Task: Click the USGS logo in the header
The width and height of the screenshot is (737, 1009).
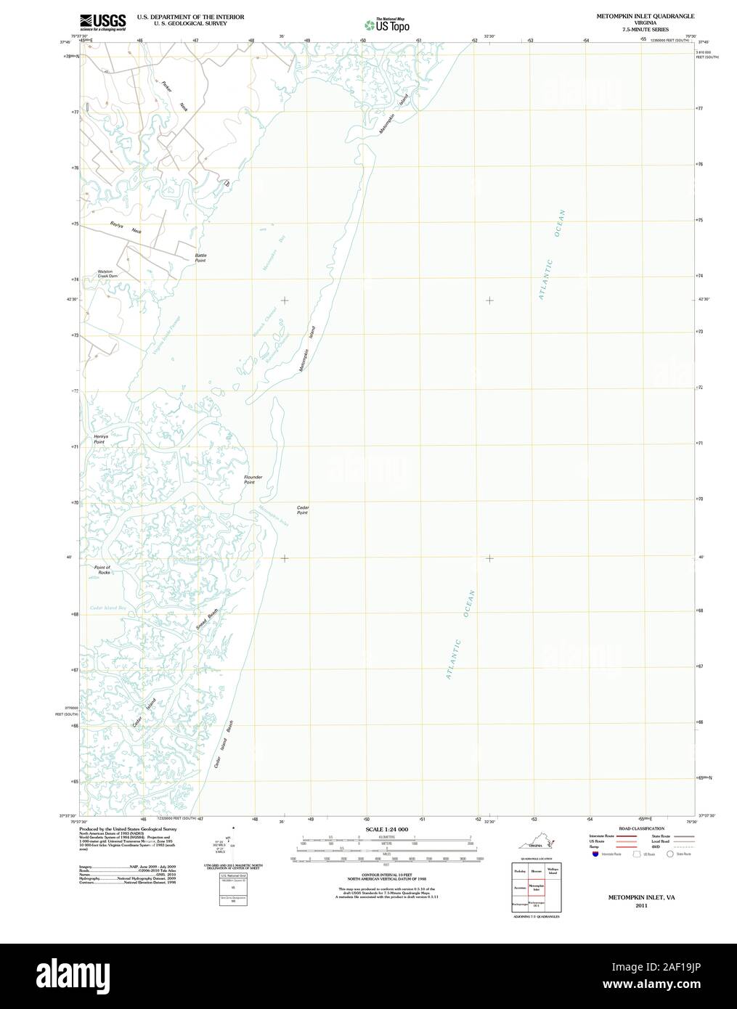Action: coord(102,20)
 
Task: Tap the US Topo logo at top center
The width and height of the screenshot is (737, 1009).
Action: coord(387,24)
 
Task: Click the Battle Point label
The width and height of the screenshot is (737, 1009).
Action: coord(200,258)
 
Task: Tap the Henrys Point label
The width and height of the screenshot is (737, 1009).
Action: coord(99,439)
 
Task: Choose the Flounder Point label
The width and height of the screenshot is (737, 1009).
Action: coord(253,480)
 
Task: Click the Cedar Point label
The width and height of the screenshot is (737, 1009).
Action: coord(302,510)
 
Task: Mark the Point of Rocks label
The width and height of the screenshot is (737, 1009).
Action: coord(102,570)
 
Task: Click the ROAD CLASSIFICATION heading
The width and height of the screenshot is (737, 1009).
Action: coord(641,828)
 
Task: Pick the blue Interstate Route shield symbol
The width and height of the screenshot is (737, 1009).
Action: coord(595,854)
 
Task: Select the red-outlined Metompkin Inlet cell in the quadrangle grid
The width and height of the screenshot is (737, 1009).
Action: coord(537,887)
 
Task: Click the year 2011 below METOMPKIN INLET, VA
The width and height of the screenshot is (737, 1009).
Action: coord(640,906)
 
